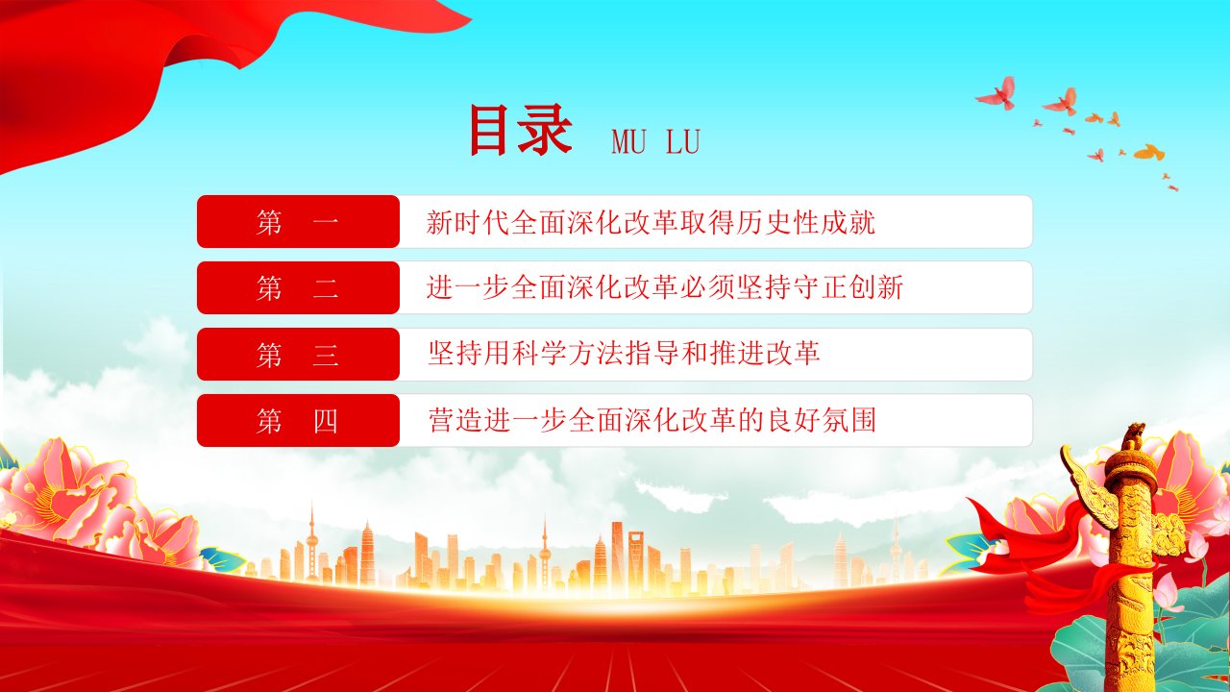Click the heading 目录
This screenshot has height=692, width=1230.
coord(520,130)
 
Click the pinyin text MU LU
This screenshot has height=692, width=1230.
coord(655,141)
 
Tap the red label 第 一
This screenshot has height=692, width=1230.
coord(298,221)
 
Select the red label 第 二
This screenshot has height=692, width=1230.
coord(298,287)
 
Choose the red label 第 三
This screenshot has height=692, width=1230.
coord(298,355)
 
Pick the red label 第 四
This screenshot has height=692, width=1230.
coord(298,420)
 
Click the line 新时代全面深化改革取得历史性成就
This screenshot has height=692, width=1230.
coord(651,222)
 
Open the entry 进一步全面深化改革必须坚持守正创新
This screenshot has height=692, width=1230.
coord(665,287)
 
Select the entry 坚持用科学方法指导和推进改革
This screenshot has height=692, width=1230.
coord(624,353)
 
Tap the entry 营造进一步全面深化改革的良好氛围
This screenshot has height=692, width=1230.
coord(652,420)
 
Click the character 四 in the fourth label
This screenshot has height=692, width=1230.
coord(326,421)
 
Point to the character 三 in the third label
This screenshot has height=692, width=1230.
coord(326,355)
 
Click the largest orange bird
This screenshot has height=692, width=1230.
coord(1149,152)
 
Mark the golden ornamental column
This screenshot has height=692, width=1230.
coord(1130,566)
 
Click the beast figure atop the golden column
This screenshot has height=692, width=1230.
coord(1133,437)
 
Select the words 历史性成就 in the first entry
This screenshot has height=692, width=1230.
coord(805,222)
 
